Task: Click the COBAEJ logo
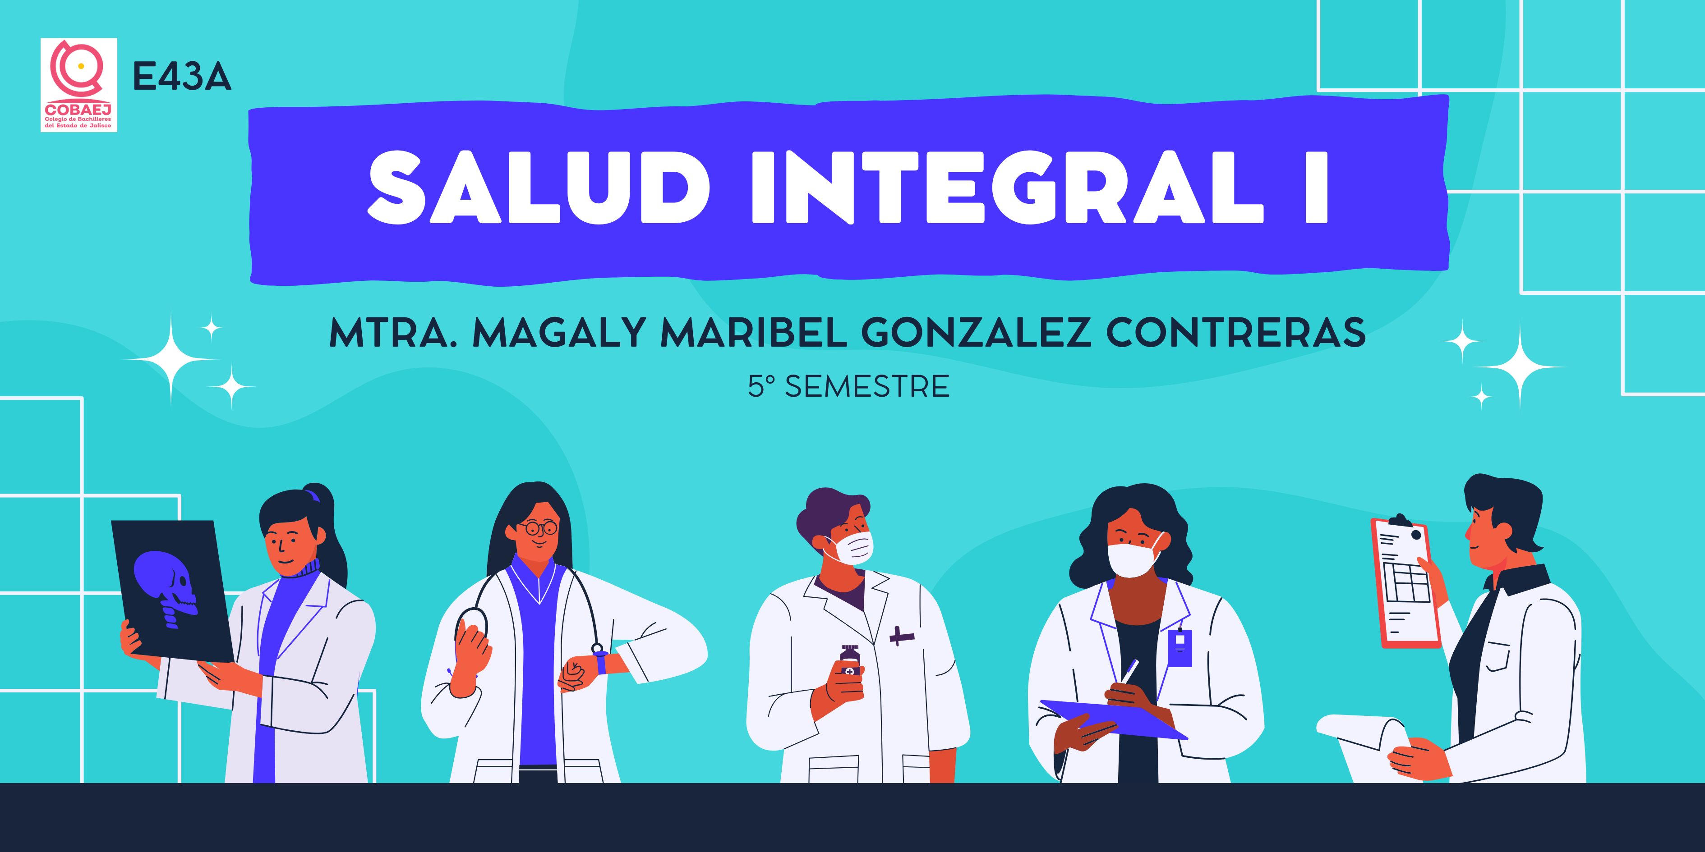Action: click(79, 85)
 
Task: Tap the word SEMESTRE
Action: click(867, 386)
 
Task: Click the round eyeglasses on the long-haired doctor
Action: click(537, 528)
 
